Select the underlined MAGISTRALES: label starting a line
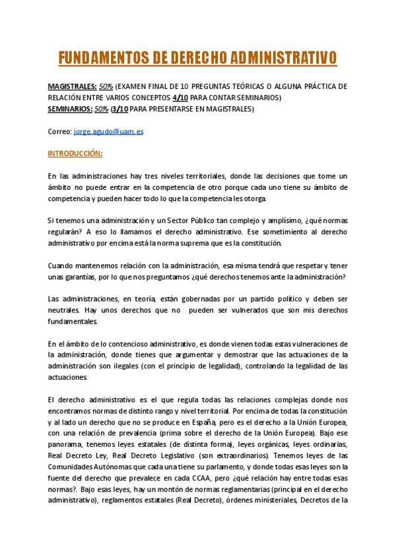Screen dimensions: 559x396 click(71, 87)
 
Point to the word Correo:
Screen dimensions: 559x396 click(59, 131)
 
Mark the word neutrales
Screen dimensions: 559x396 click(64, 310)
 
